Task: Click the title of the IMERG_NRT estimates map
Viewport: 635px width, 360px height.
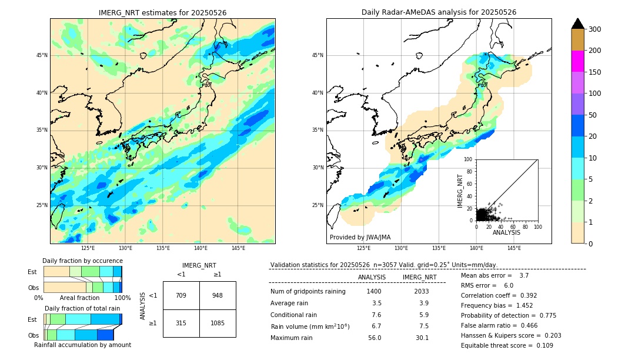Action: coord(162,12)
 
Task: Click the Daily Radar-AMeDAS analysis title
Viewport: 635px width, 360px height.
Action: coord(439,12)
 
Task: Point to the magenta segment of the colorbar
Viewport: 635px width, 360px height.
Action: coord(577,61)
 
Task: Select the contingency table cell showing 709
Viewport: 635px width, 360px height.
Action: coord(181,295)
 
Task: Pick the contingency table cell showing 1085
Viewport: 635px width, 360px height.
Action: coord(217,323)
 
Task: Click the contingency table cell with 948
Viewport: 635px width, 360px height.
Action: coord(217,295)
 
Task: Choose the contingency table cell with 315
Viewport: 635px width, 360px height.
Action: coord(181,323)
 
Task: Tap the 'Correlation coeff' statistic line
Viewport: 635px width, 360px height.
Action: coord(499,295)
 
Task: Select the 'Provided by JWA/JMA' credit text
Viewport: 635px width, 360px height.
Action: coord(360,237)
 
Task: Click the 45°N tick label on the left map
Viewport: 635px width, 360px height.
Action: coord(42,55)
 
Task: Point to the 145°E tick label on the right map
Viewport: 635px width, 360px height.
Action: coord(514,248)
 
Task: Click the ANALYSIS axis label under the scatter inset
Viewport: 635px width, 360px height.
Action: coord(506,232)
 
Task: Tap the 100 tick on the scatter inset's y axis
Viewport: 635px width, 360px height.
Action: coord(469,159)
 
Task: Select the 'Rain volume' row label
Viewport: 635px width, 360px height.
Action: coord(310,326)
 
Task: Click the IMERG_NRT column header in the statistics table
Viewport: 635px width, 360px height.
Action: coord(419,277)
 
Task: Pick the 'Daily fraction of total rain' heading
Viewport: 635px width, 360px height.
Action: coord(82,308)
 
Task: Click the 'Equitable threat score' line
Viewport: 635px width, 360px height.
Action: coord(499,345)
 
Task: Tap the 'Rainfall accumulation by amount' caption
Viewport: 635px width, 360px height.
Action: coord(82,345)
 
